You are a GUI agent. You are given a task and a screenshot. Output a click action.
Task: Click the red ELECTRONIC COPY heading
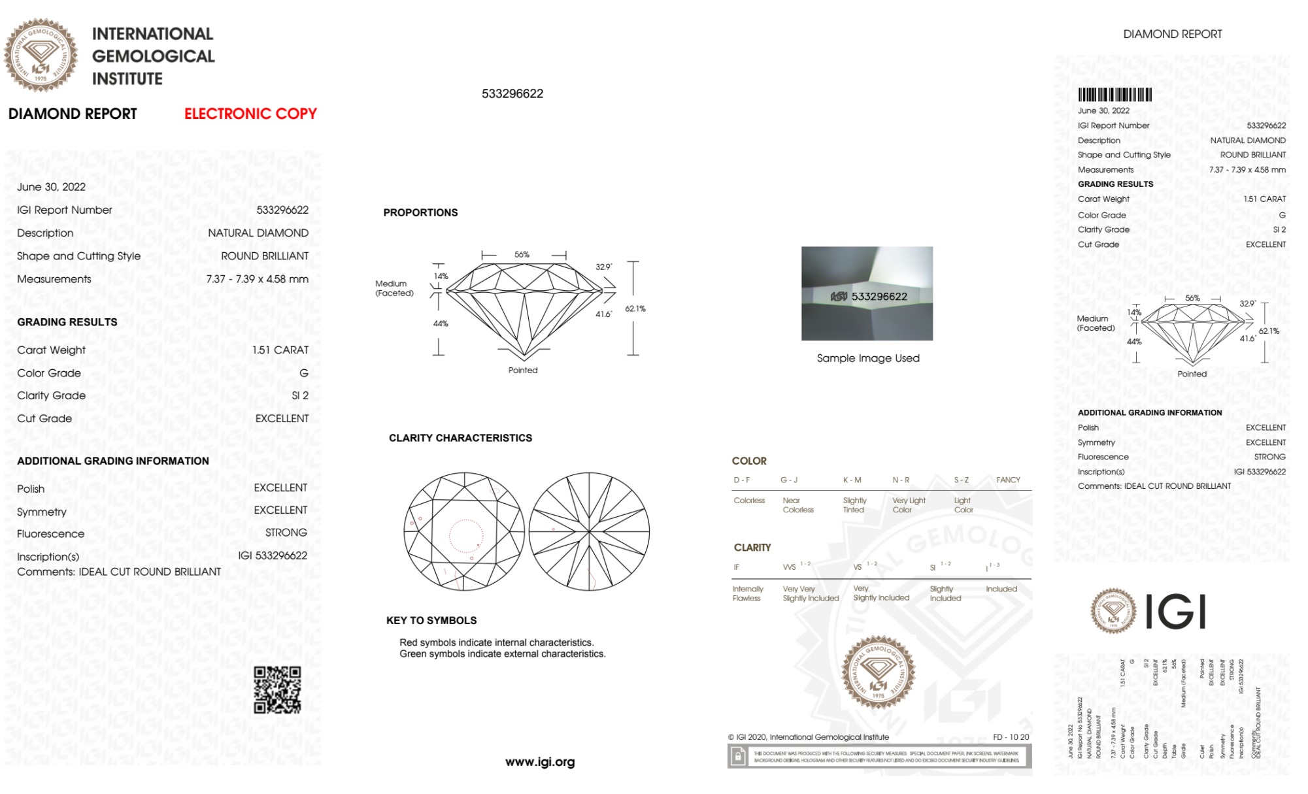click(x=250, y=114)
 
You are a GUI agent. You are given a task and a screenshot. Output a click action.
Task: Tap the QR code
click(x=277, y=689)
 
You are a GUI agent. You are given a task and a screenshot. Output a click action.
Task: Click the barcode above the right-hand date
click(x=1115, y=95)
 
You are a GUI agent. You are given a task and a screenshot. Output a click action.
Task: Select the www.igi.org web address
click(x=540, y=762)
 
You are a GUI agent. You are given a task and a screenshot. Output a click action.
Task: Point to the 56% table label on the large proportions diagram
click(x=522, y=254)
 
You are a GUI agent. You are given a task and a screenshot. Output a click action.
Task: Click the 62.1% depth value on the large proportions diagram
click(x=635, y=308)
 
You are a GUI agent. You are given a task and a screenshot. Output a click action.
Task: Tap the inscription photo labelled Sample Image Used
click(x=867, y=293)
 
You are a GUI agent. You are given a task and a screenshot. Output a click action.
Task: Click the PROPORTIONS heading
click(x=420, y=212)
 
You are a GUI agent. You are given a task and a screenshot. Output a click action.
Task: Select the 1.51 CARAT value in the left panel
click(x=280, y=350)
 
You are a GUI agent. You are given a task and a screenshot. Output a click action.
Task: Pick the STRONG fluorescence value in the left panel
click(x=286, y=533)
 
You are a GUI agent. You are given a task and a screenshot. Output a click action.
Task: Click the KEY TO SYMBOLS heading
click(x=431, y=620)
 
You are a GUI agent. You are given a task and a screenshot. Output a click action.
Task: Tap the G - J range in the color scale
click(x=789, y=480)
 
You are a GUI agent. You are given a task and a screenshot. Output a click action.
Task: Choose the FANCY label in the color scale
click(x=1008, y=480)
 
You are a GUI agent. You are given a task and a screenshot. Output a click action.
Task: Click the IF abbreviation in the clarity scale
click(x=737, y=567)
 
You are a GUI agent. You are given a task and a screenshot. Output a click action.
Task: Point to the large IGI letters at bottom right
click(x=1176, y=612)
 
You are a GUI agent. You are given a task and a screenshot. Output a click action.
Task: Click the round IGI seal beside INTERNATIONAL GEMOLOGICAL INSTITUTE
click(x=41, y=56)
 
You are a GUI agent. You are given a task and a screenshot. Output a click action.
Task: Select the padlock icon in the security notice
click(x=738, y=757)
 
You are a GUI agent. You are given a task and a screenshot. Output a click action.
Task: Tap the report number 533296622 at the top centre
click(x=512, y=94)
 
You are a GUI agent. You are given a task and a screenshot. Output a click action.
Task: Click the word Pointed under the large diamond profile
click(x=523, y=371)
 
